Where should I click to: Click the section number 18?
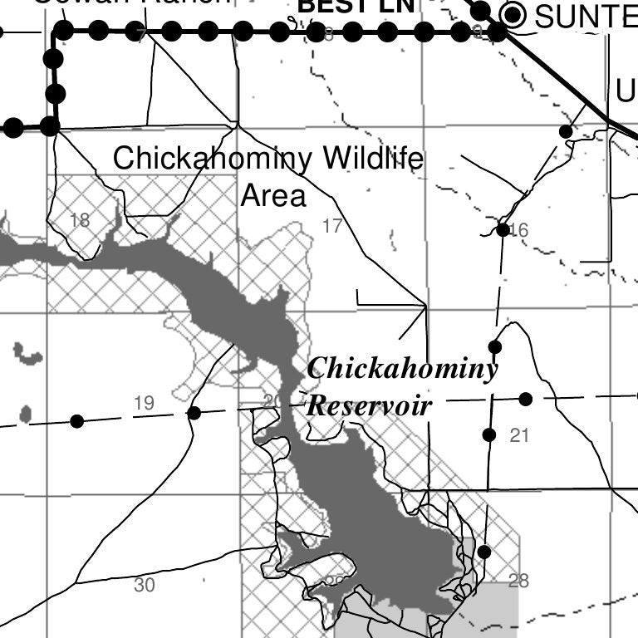80,221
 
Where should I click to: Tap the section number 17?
332,225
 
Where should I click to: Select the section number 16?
519,230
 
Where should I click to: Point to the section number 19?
144,404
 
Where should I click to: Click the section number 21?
519,434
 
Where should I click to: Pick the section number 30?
144,586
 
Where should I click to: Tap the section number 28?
518,581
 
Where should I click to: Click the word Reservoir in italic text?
370,406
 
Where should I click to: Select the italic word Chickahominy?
402,369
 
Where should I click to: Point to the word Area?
273,196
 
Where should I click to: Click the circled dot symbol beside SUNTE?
515,14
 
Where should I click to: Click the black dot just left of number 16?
503,229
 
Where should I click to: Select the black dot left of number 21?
489,434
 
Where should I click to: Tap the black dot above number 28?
484,552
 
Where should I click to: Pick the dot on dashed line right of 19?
194,413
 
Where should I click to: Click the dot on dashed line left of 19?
76,421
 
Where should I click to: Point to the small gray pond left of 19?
25,413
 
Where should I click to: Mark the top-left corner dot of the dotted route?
63,32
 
